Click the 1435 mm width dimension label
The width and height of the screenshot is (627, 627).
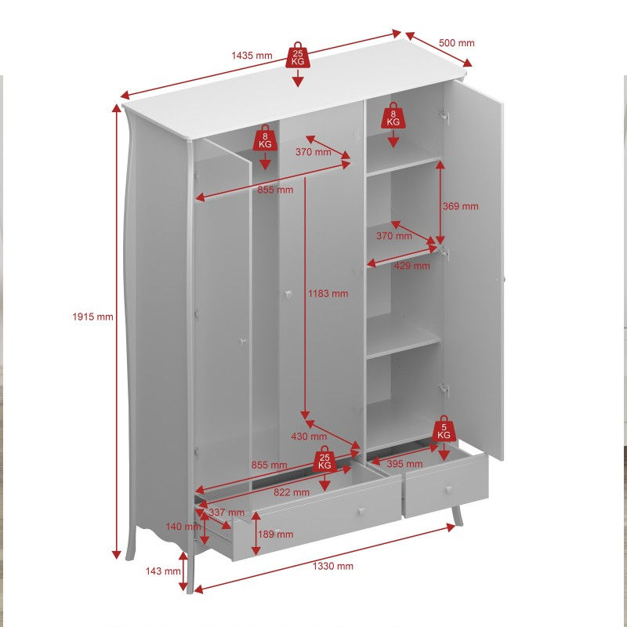point(252,56)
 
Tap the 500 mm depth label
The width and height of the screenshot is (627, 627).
point(456,44)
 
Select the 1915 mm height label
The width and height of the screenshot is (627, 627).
point(93,317)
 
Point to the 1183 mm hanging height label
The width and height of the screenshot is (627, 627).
point(328,293)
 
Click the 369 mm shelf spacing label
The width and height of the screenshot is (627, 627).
point(460,206)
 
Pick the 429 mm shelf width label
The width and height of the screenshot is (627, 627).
point(412,266)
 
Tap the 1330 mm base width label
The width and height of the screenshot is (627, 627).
point(334,566)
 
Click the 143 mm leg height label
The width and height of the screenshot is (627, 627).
point(162,571)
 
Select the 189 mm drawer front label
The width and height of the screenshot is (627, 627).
point(275,534)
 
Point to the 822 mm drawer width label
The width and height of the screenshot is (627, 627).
point(292,491)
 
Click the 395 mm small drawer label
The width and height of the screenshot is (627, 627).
point(404,464)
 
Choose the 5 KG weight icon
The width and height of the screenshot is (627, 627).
point(444,429)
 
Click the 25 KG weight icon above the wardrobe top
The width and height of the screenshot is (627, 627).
point(298,56)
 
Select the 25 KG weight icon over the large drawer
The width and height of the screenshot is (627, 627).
point(324,460)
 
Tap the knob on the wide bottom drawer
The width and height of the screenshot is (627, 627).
point(361,511)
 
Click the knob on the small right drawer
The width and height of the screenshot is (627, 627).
point(449,489)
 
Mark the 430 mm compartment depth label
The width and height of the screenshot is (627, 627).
point(309,437)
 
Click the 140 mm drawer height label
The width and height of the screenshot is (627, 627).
point(183,526)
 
